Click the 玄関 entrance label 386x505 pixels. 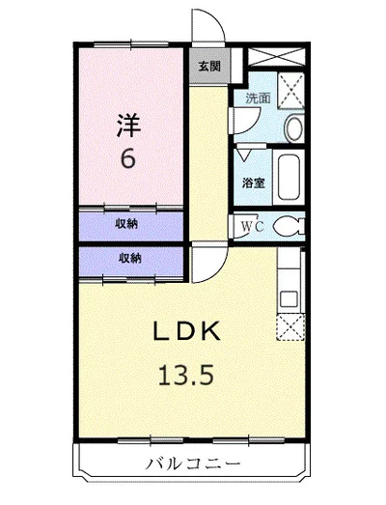209,67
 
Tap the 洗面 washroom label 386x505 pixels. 258,98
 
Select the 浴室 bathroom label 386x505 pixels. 254,182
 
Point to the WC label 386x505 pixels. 253,226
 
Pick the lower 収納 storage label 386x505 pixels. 130,258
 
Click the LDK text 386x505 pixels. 186,331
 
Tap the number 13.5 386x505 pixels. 185,376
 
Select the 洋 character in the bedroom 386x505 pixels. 128,126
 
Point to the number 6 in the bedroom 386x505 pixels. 127,158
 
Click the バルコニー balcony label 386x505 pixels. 194,464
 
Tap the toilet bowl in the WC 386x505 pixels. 289,226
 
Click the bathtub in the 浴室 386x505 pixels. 289,177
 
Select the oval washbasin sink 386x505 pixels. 294,128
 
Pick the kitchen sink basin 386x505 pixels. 289,299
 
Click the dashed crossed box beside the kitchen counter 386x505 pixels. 290,327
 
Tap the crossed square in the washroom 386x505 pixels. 291,91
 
